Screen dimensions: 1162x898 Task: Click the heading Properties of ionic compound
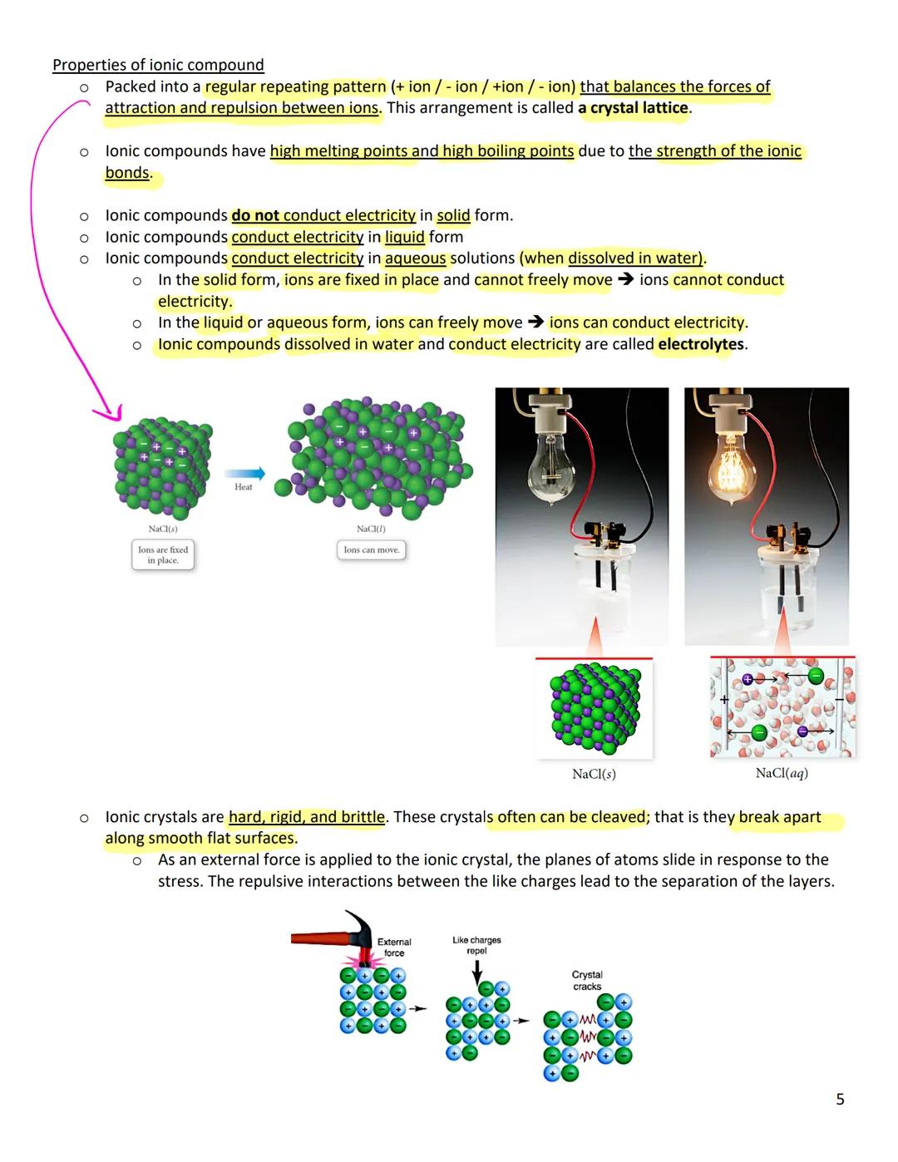(x=158, y=65)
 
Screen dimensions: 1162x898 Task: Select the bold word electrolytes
(x=700, y=344)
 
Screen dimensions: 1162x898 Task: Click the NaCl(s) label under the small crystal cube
(x=162, y=529)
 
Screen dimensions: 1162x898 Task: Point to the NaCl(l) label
(x=371, y=529)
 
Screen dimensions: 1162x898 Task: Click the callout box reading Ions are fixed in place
(x=163, y=555)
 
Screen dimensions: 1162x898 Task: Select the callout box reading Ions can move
(x=372, y=549)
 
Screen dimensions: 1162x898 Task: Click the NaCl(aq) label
(x=781, y=773)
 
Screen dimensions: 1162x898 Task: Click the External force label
(x=394, y=948)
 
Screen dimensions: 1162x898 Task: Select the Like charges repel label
(x=476, y=945)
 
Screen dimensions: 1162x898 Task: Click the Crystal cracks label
(x=587, y=980)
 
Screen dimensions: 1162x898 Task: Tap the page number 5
(x=840, y=1099)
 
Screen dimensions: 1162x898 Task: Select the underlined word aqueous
(x=415, y=258)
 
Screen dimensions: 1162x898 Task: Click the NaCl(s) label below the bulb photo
(x=594, y=774)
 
